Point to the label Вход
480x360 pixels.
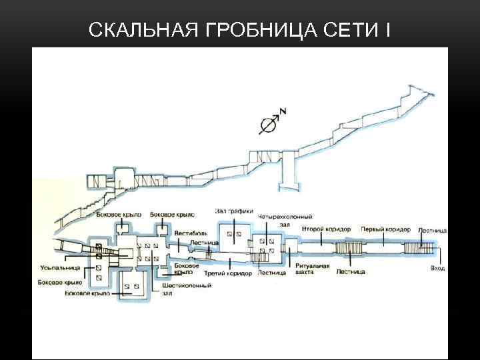click(x=437, y=268)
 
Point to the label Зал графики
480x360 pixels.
click(x=234, y=212)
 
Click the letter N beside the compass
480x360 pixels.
click(x=283, y=112)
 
